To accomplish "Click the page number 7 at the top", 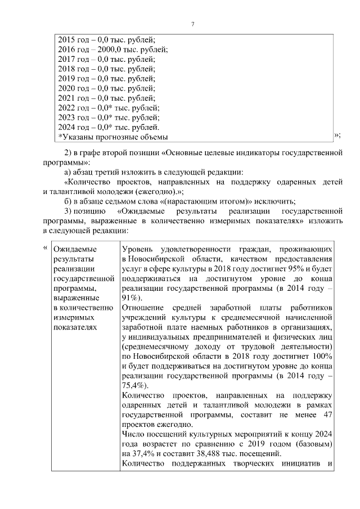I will pos(192,24).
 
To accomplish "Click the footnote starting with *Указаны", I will pos(113,137).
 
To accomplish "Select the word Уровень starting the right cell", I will pos(138,249).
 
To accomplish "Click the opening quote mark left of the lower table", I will pos(45,246).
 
